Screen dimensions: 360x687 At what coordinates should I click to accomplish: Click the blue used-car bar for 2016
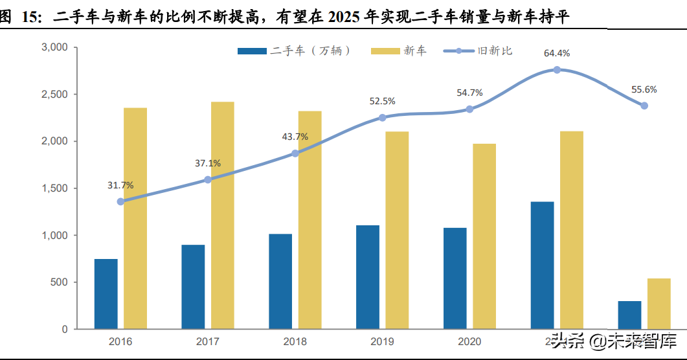[106, 294]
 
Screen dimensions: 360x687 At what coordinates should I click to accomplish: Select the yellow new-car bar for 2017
[222, 215]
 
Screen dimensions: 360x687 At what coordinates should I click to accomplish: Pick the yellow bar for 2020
[484, 236]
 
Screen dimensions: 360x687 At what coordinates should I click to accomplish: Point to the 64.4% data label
[557, 53]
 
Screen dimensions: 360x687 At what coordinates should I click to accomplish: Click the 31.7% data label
[120, 185]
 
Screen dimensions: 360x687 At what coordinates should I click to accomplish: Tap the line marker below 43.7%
[295, 153]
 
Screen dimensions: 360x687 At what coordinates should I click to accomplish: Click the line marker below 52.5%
[382, 118]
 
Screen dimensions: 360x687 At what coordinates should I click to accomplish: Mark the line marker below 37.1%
[208, 179]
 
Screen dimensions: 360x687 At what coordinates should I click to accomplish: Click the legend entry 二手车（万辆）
[295, 51]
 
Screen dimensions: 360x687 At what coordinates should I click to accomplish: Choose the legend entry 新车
[400, 51]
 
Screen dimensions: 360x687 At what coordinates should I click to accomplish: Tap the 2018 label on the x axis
[295, 341]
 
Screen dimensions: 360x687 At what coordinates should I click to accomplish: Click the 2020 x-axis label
[469, 341]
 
